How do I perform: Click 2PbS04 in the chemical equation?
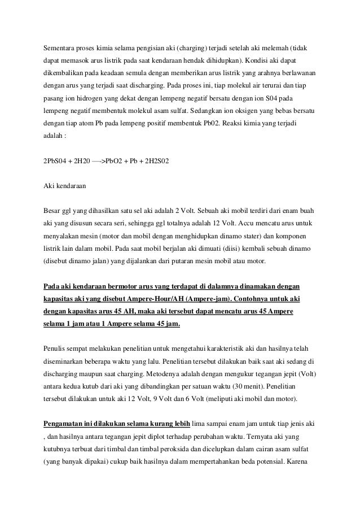point(56,162)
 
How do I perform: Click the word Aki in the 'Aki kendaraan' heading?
point(49,185)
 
